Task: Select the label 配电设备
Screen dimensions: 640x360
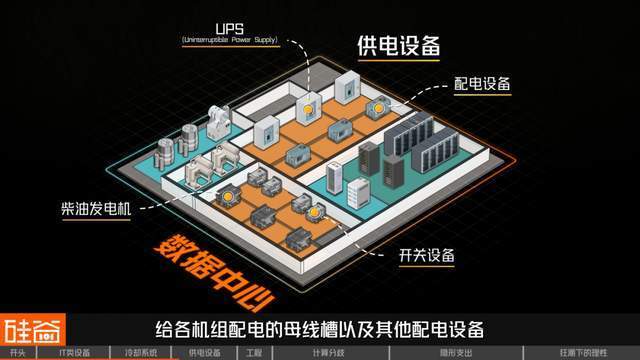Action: pyautogui.click(x=482, y=85)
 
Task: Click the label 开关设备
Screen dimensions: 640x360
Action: pyautogui.click(x=423, y=257)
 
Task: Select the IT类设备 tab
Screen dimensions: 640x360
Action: pyautogui.click(x=74, y=353)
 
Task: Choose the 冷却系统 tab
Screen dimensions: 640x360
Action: pyautogui.click(x=140, y=353)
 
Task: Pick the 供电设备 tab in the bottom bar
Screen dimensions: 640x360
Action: pyautogui.click(x=204, y=353)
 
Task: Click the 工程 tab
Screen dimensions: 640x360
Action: pyautogui.click(x=253, y=353)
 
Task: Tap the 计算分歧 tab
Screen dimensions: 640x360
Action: pyautogui.click(x=327, y=353)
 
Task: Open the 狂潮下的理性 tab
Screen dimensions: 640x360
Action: pyautogui.click(x=582, y=353)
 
